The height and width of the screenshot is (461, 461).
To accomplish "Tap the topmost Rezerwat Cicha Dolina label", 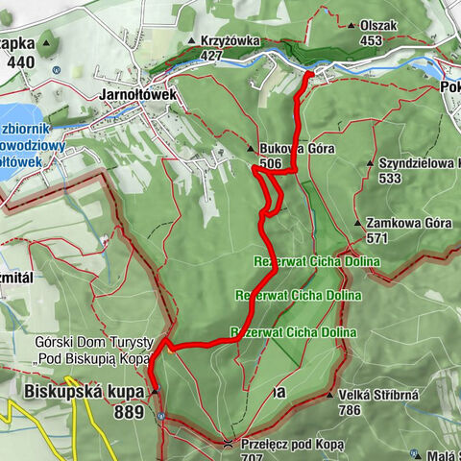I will click(317, 261).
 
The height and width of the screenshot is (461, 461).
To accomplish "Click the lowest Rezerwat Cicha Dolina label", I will click(293, 332).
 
